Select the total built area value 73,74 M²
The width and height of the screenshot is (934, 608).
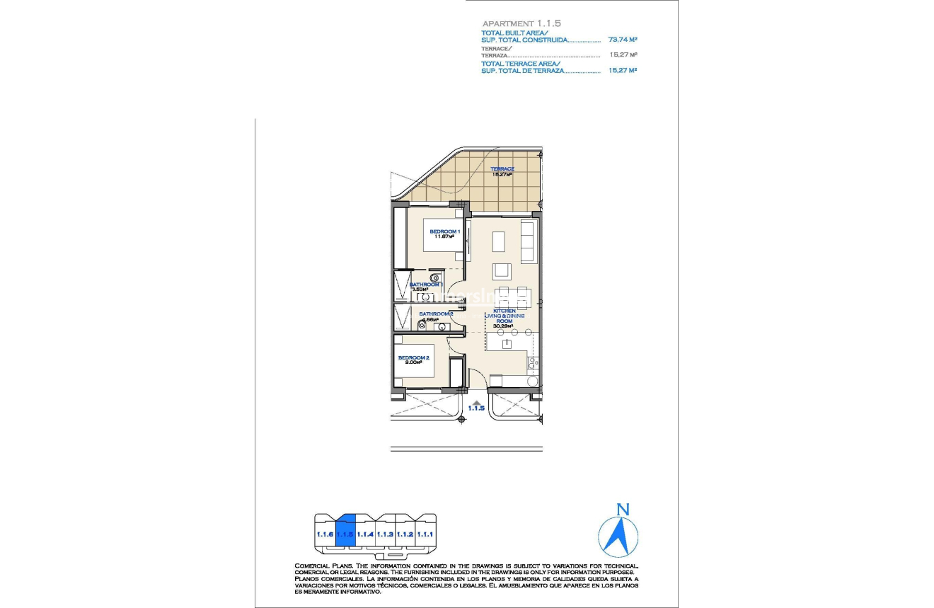[x=623, y=40]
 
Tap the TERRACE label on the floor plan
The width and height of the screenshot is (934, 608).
[x=502, y=169]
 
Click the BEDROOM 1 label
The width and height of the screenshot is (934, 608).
[x=445, y=231]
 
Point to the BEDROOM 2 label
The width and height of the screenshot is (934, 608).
[x=414, y=358]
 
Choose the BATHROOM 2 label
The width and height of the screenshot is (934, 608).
[x=436, y=314]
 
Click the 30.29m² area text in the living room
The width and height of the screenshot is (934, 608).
[x=503, y=326]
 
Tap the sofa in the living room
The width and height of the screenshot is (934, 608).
[x=528, y=241]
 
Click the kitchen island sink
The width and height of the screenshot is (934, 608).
[x=507, y=344]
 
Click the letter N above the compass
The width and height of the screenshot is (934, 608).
[x=623, y=509]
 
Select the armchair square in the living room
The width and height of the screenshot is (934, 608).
[x=502, y=271]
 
